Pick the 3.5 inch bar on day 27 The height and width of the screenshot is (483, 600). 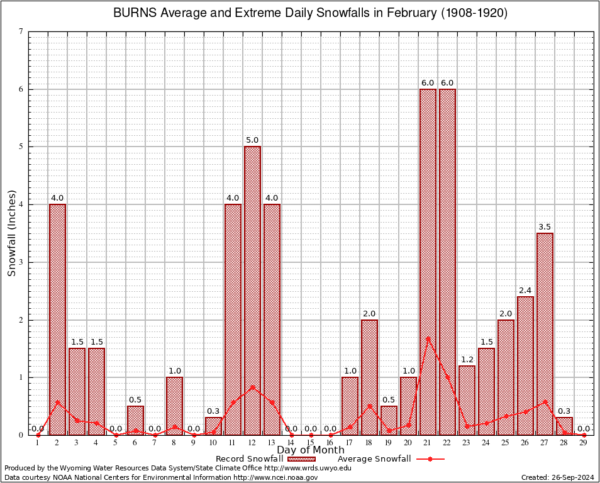545,334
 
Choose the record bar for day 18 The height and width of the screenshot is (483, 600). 369,377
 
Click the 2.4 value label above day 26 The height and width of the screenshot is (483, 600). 525,291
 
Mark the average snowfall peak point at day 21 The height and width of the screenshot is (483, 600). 428,338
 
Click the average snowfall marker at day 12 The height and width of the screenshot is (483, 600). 252,387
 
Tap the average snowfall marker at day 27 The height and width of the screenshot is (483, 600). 545,401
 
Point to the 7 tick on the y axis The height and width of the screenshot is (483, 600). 21,31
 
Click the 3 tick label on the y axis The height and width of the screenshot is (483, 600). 21,262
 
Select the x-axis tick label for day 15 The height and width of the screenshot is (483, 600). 311,443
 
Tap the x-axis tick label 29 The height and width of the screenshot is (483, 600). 584,443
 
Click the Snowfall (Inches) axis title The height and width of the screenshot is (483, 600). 12,233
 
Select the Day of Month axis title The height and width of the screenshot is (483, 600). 311,450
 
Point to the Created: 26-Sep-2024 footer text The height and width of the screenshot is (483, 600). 557,477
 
